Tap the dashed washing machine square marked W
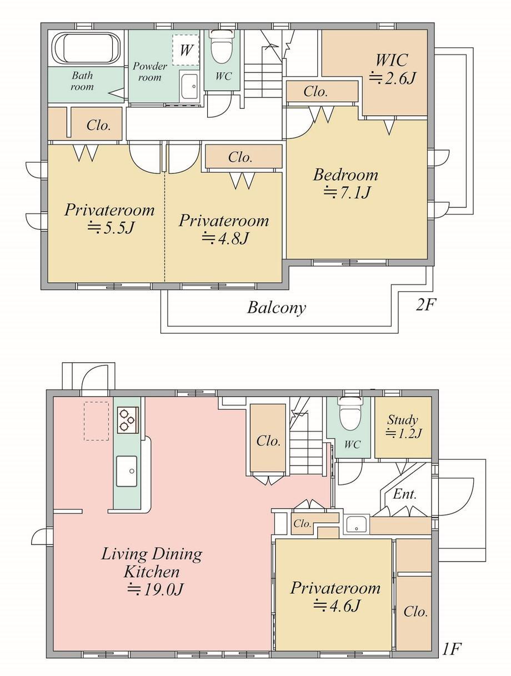pos(186,49)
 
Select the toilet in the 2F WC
pos(221,47)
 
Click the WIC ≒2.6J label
pos(393,69)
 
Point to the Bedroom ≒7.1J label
pos(346,183)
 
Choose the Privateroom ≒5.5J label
pos(109,219)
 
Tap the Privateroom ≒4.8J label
pos(224,229)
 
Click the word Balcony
pos(277,307)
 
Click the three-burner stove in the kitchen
pos(128,420)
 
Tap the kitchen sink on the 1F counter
pos(127,471)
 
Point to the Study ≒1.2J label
pos(403,426)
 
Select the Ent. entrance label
pos(405,494)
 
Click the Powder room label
pos(150,72)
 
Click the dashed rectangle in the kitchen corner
pos(96,421)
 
